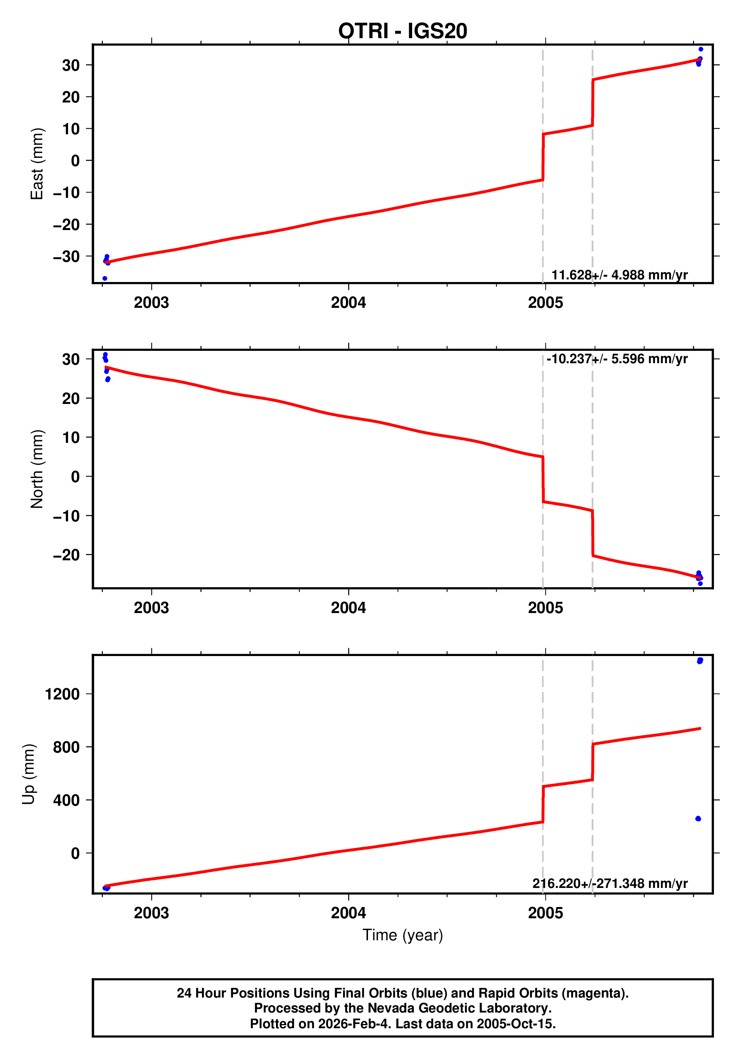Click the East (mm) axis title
point(37,164)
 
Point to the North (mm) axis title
point(37,469)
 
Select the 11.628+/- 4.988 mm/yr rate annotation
point(619,275)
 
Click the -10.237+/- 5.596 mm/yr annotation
point(617,359)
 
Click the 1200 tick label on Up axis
point(62,694)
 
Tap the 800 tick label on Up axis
point(67,747)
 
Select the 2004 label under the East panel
point(348,303)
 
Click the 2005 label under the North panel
point(545,608)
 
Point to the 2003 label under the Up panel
point(151,913)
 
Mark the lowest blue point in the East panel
point(105,278)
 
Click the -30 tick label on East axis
point(67,256)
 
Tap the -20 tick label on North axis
point(67,555)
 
